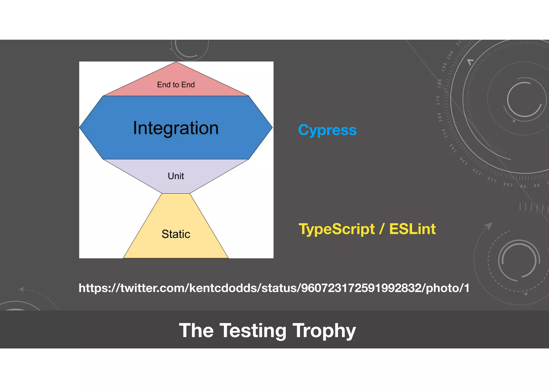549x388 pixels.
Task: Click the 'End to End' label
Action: click(176, 85)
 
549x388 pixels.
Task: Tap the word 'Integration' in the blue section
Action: click(176, 128)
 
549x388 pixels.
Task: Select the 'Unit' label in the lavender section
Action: click(176, 176)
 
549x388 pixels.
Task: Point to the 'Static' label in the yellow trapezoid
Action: click(176, 234)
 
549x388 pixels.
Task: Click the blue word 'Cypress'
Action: click(327, 130)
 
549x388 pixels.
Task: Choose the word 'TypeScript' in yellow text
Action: click(337, 229)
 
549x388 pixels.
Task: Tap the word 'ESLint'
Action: click(412, 229)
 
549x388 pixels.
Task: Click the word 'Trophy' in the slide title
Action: click(324, 331)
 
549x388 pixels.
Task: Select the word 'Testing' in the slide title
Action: click(253, 331)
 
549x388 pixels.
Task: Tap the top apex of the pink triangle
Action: click(176, 62)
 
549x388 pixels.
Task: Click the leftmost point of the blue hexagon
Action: click(80, 128)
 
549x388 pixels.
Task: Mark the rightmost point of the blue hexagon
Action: click(272, 128)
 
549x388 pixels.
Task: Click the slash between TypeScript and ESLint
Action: click(382, 229)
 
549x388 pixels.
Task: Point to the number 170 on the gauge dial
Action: click(438, 100)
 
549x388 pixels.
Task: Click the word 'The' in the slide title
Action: click(196, 331)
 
